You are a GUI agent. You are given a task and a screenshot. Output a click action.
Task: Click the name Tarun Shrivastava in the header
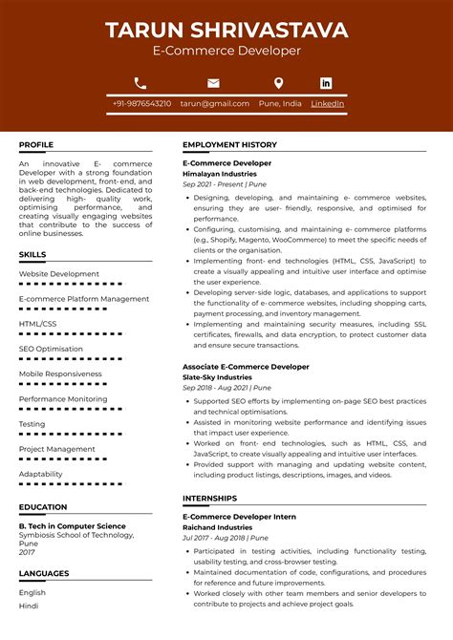pos(226,30)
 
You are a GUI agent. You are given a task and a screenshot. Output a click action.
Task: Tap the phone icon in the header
pos(140,83)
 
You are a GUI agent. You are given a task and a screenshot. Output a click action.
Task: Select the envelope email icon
pos(213,83)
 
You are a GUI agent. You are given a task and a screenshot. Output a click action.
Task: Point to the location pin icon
pos(278,83)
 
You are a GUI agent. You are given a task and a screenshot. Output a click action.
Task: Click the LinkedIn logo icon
pos(326,83)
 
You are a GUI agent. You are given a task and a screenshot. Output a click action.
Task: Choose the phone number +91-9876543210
pos(141,103)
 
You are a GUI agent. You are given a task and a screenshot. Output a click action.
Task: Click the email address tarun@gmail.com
pos(215,103)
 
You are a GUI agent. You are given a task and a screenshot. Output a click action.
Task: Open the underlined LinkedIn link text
pos(327,103)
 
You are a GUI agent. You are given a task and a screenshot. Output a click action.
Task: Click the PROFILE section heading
pos(36,145)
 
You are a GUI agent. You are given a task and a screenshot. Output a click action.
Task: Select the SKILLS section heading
pos(32,255)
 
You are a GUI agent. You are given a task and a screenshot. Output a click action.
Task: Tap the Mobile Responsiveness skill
pos(60,373)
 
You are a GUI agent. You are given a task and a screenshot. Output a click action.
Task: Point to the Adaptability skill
pos(41,474)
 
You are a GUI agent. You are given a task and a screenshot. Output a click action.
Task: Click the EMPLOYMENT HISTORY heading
pos(229,145)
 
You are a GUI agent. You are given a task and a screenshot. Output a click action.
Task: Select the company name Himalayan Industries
pos(219,174)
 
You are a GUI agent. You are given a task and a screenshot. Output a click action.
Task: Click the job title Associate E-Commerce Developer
pos(246,367)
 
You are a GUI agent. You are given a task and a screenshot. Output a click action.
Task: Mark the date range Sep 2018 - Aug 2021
pos(215,388)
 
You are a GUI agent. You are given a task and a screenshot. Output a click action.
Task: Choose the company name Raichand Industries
pos(217,527)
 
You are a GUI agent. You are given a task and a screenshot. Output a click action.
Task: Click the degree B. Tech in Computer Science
pos(72,526)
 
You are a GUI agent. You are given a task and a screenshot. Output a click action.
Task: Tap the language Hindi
pos(29,606)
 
